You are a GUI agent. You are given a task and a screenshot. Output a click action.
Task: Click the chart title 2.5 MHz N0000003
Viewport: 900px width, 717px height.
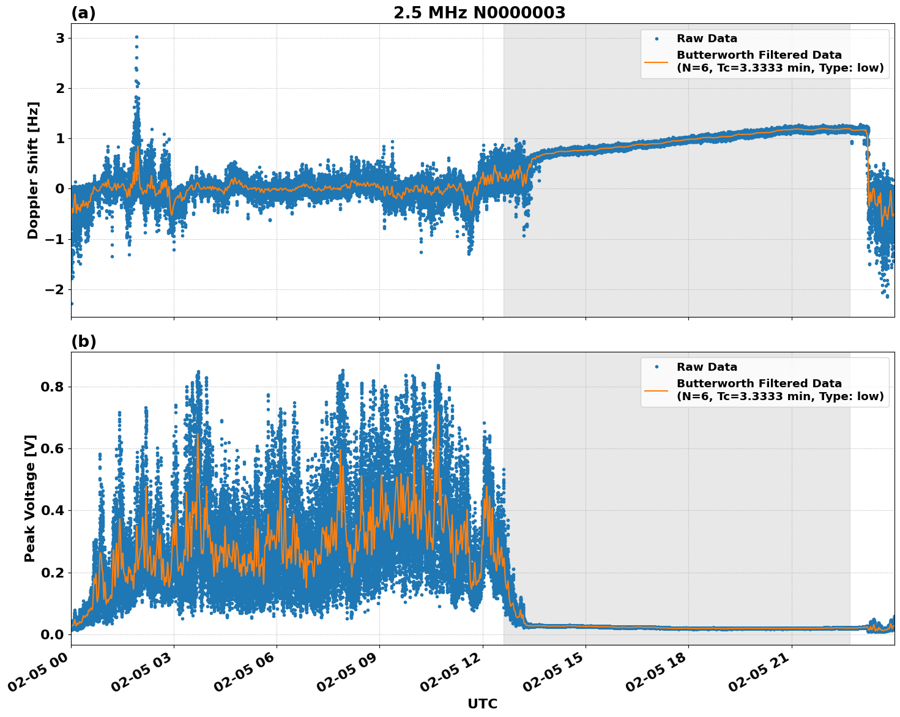click(x=479, y=13)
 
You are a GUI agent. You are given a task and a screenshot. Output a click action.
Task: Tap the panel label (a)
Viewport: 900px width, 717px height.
click(x=83, y=13)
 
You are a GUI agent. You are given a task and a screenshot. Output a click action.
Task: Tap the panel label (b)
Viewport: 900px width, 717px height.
click(x=83, y=341)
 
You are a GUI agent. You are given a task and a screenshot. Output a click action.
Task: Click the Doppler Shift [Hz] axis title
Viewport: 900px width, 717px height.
click(x=33, y=170)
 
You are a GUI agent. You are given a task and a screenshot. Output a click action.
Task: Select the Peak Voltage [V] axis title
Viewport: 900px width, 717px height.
click(x=30, y=498)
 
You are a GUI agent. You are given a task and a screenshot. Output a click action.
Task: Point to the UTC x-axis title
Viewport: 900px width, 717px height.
click(x=482, y=704)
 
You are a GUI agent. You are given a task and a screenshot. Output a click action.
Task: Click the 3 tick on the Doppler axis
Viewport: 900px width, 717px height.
click(x=60, y=39)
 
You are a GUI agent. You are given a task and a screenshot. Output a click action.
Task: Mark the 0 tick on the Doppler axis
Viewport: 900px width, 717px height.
click(x=60, y=189)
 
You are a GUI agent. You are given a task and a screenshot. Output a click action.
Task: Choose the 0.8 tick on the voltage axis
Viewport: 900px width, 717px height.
click(x=53, y=387)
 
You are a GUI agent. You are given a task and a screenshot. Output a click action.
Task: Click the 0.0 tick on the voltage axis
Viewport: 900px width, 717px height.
click(x=53, y=634)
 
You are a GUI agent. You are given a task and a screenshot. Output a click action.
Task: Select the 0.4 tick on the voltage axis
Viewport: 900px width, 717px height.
click(x=53, y=510)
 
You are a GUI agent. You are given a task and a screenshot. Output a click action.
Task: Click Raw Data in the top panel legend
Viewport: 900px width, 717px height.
click(x=707, y=39)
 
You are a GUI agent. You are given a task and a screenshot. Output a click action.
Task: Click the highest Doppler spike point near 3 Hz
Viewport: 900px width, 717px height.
click(x=136, y=37)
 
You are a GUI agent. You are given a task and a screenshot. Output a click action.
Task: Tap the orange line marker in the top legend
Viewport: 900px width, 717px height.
click(x=656, y=61)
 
